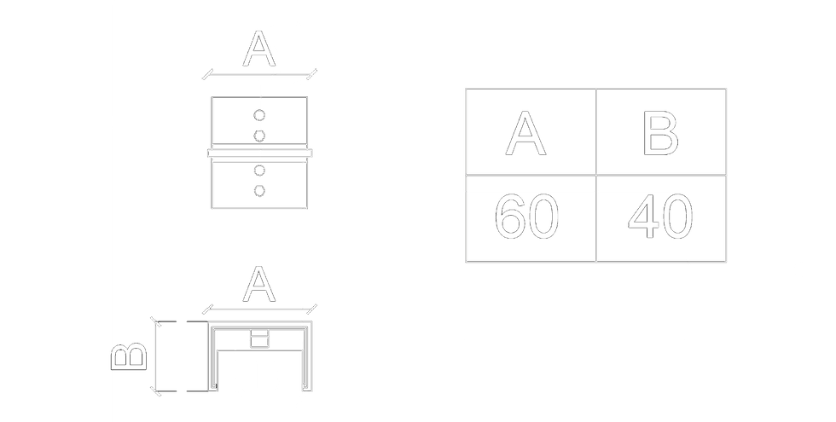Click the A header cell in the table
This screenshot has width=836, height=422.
point(530,133)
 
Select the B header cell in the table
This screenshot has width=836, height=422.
point(661,133)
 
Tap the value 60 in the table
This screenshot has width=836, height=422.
point(528,219)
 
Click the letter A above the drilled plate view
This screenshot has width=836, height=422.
point(259,49)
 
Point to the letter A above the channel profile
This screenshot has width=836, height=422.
point(259,283)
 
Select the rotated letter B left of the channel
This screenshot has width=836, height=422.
point(131,357)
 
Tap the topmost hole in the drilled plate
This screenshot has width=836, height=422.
point(260,114)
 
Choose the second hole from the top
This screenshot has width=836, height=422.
point(260,136)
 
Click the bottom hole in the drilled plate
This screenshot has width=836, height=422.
point(260,191)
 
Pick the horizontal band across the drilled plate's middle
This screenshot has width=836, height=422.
point(260,153)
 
